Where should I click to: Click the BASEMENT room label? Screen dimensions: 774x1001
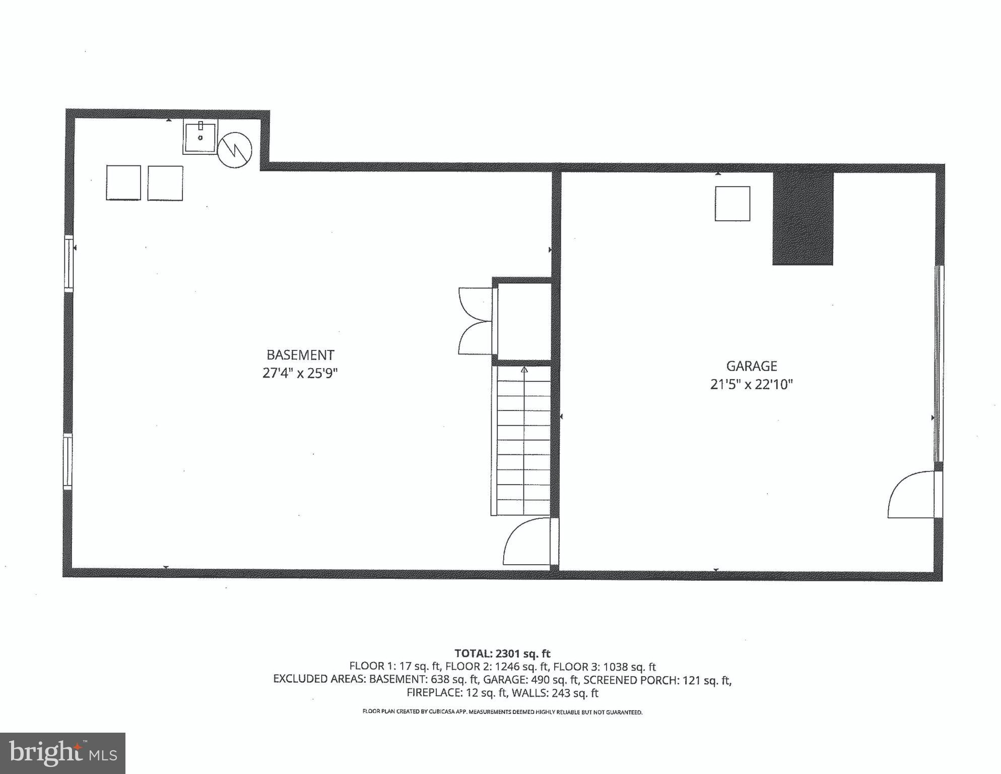[300, 355]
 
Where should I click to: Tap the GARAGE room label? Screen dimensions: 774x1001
[751, 366]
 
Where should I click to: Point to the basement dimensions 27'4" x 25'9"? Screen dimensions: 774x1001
[300, 374]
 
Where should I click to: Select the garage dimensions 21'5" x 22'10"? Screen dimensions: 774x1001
[751, 385]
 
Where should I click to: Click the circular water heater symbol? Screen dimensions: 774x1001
[235, 150]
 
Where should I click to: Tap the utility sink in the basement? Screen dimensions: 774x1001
[200, 137]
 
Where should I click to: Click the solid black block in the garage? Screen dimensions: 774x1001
[803, 218]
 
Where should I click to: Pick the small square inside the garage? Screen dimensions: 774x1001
[732, 204]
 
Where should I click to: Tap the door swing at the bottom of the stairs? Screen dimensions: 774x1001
[527, 542]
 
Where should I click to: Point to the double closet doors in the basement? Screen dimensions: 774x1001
[475, 321]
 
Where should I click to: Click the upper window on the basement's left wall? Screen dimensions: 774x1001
[69, 263]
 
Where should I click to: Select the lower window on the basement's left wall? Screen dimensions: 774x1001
[68, 461]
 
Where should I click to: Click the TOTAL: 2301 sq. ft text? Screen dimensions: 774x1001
[502, 653]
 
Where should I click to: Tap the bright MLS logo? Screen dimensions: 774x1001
[62, 753]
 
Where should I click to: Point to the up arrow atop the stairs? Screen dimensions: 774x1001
[524, 370]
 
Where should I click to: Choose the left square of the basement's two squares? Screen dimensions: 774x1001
[123, 183]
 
